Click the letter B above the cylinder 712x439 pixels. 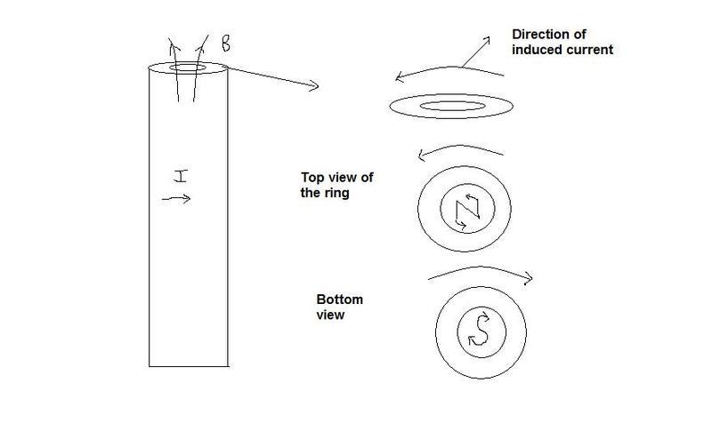[225, 44]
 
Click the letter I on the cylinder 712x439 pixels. [179, 177]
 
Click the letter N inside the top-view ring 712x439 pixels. [462, 212]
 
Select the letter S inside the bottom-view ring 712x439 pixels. [481, 331]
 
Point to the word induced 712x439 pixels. [535, 50]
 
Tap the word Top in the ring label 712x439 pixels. [311, 176]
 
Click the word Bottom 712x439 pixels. [339, 299]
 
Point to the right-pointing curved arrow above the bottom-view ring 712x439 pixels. [481, 273]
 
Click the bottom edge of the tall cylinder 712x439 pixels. [188, 365]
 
